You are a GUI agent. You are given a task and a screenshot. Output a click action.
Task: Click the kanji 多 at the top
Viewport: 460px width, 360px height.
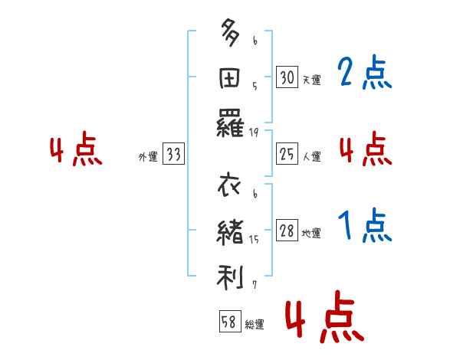(x=231, y=35)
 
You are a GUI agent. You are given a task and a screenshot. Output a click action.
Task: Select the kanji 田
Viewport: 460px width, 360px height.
(x=231, y=78)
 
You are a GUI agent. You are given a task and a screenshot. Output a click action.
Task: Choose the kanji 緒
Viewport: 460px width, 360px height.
(x=231, y=232)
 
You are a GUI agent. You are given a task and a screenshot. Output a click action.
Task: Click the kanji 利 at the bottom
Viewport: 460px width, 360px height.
(x=231, y=275)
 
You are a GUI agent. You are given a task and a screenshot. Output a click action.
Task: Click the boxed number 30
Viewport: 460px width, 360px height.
(x=287, y=77)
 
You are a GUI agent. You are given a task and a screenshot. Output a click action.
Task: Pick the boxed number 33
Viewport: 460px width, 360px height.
(x=173, y=155)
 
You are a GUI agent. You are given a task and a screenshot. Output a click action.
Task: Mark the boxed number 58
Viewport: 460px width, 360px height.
(x=229, y=322)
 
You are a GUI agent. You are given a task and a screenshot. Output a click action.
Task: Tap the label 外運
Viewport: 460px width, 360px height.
(x=148, y=157)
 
